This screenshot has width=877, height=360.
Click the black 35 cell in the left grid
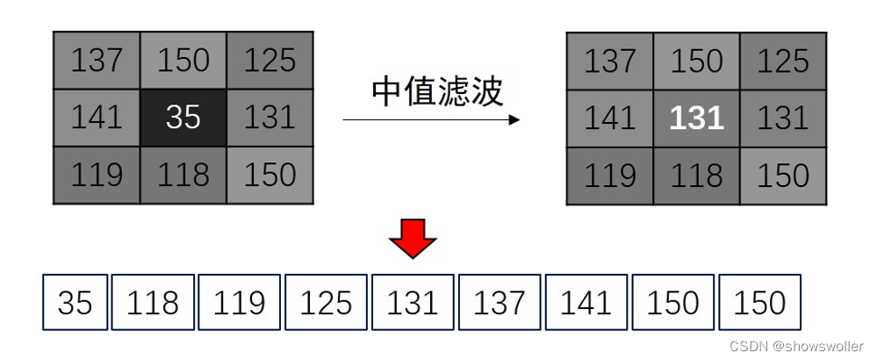pyautogui.click(x=183, y=117)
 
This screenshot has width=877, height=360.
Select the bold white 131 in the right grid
pyautogui.click(x=696, y=118)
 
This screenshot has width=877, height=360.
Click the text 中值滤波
pyautogui.click(x=436, y=90)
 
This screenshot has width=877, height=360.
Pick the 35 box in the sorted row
pyautogui.click(x=75, y=303)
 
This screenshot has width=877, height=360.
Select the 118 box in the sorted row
pyautogui.click(x=153, y=303)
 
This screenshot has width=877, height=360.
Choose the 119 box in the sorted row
pyautogui.click(x=239, y=303)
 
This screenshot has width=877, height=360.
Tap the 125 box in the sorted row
pyautogui.click(x=326, y=303)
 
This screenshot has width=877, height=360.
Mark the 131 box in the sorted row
pyautogui.click(x=413, y=303)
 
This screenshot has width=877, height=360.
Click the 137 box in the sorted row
pyautogui.click(x=499, y=303)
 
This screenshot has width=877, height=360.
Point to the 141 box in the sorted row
pyautogui.click(x=586, y=303)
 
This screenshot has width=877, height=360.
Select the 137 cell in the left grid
pyautogui.click(x=97, y=61)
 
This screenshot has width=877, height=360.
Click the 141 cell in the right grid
pyautogui.click(x=610, y=118)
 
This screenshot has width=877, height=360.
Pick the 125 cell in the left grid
pyautogui.click(x=270, y=61)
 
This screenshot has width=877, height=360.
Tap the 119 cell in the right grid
pyautogui.click(x=610, y=176)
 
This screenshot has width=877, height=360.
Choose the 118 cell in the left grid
pyautogui.click(x=183, y=175)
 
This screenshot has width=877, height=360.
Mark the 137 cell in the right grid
pyautogui.click(x=610, y=61)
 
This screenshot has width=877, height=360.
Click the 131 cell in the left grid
pyautogui.click(x=270, y=117)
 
